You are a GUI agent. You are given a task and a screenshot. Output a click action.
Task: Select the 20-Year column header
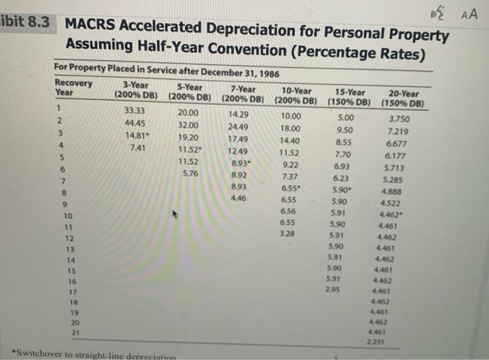pos(404,99)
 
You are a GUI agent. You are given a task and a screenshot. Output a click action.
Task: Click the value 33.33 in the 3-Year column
pos(135,110)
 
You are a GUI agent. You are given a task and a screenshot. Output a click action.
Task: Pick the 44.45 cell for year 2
pos(135,123)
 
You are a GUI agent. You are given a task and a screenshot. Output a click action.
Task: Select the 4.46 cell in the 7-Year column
pos(239,199)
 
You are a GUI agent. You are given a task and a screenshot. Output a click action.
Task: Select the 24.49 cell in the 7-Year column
pos(239,127)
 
